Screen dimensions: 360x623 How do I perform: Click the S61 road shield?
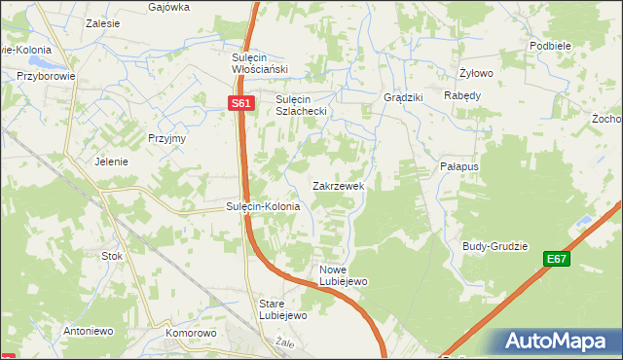[242, 103]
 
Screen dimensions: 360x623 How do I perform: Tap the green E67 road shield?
[556, 259]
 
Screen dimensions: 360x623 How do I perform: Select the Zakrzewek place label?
[338, 185]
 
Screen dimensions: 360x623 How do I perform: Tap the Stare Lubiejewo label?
[282, 308]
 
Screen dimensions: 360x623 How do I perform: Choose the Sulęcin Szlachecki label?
[306, 105]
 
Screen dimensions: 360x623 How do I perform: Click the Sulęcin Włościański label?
[257, 62]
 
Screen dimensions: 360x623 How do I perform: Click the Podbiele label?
[550, 46]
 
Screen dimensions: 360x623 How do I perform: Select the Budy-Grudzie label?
[495, 246]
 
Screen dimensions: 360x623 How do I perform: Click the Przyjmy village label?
[166, 138]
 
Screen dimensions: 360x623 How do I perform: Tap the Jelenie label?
[112, 162]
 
